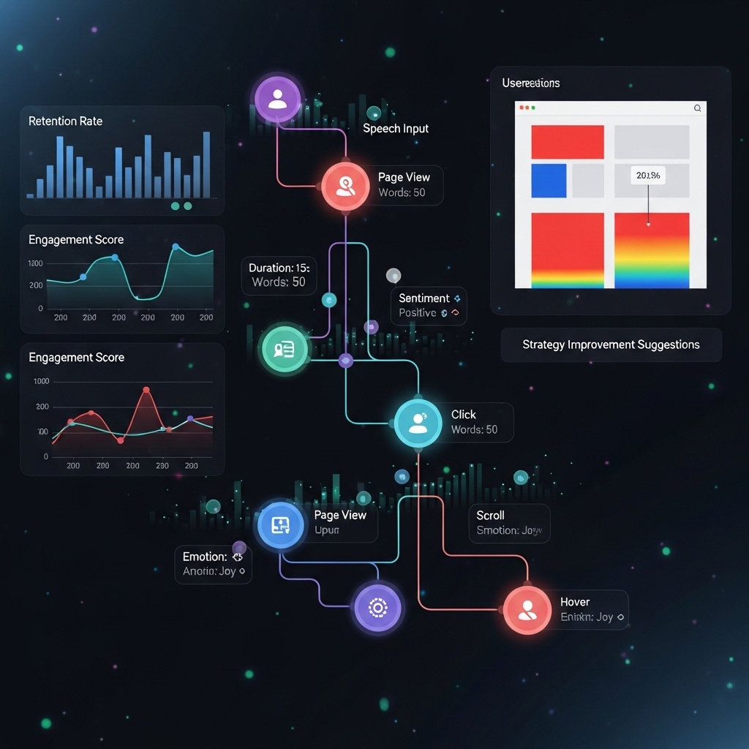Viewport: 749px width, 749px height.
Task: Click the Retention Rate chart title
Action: click(65, 121)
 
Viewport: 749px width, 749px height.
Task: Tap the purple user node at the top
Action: click(277, 99)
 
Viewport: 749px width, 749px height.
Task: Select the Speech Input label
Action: click(396, 129)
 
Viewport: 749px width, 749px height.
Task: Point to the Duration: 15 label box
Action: click(279, 275)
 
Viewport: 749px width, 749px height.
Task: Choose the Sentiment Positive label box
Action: click(429, 305)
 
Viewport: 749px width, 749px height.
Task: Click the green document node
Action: click(284, 349)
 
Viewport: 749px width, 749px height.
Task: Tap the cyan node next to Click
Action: click(418, 423)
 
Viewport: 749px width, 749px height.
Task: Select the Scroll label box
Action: click(509, 522)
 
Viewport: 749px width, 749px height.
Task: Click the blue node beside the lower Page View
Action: click(281, 524)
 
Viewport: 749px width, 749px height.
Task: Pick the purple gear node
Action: click(377, 607)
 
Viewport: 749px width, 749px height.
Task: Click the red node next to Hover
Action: click(527, 609)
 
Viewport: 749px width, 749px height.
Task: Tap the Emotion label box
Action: click(213, 564)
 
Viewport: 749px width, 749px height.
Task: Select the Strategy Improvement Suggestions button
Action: click(611, 345)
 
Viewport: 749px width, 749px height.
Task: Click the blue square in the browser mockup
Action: click(549, 181)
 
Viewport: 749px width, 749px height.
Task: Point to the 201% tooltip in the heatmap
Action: click(648, 176)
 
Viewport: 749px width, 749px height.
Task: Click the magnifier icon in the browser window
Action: click(697, 108)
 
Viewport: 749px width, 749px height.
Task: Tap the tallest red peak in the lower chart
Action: click(146, 391)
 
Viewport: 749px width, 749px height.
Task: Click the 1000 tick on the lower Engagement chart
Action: click(41, 382)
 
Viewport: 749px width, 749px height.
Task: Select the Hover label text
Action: click(575, 602)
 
